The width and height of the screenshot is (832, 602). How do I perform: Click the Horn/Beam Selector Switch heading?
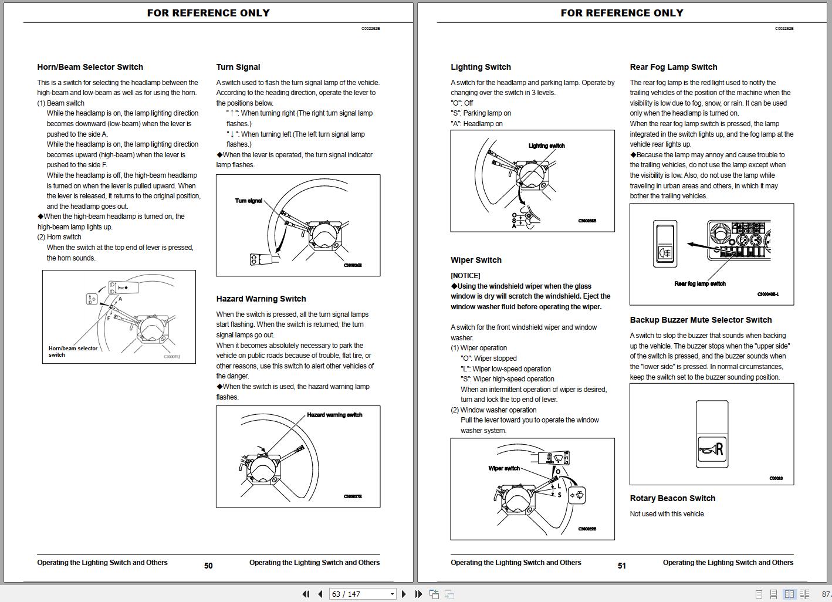click(90, 67)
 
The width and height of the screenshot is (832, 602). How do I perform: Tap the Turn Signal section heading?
click(238, 67)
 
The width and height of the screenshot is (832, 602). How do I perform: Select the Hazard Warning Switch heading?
click(261, 299)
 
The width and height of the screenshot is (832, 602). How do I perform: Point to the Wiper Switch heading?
click(476, 261)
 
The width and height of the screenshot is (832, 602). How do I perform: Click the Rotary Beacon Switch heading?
click(672, 499)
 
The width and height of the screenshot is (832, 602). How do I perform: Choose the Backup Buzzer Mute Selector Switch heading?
click(701, 320)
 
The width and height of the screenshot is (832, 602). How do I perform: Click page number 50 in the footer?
click(208, 566)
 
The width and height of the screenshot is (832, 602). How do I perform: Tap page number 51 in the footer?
click(622, 566)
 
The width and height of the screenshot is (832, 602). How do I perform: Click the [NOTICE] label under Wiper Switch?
click(465, 276)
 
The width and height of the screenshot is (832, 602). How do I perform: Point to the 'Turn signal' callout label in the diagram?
click(249, 201)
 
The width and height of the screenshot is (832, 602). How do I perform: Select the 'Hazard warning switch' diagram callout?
click(334, 415)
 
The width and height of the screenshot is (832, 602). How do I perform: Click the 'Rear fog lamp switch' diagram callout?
click(700, 283)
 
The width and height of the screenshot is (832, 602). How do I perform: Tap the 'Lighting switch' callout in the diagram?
click(546, 146)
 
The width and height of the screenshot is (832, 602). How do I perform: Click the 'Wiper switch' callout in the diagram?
click(504, 468)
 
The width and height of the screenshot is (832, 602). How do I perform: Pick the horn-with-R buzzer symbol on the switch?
click(712, 450)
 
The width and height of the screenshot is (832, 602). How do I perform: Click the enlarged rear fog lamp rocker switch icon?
click(665, 243)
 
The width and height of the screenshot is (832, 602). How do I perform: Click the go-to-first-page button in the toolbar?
click(306, 594)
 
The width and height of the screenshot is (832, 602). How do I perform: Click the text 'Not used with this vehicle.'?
click(668, 514)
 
